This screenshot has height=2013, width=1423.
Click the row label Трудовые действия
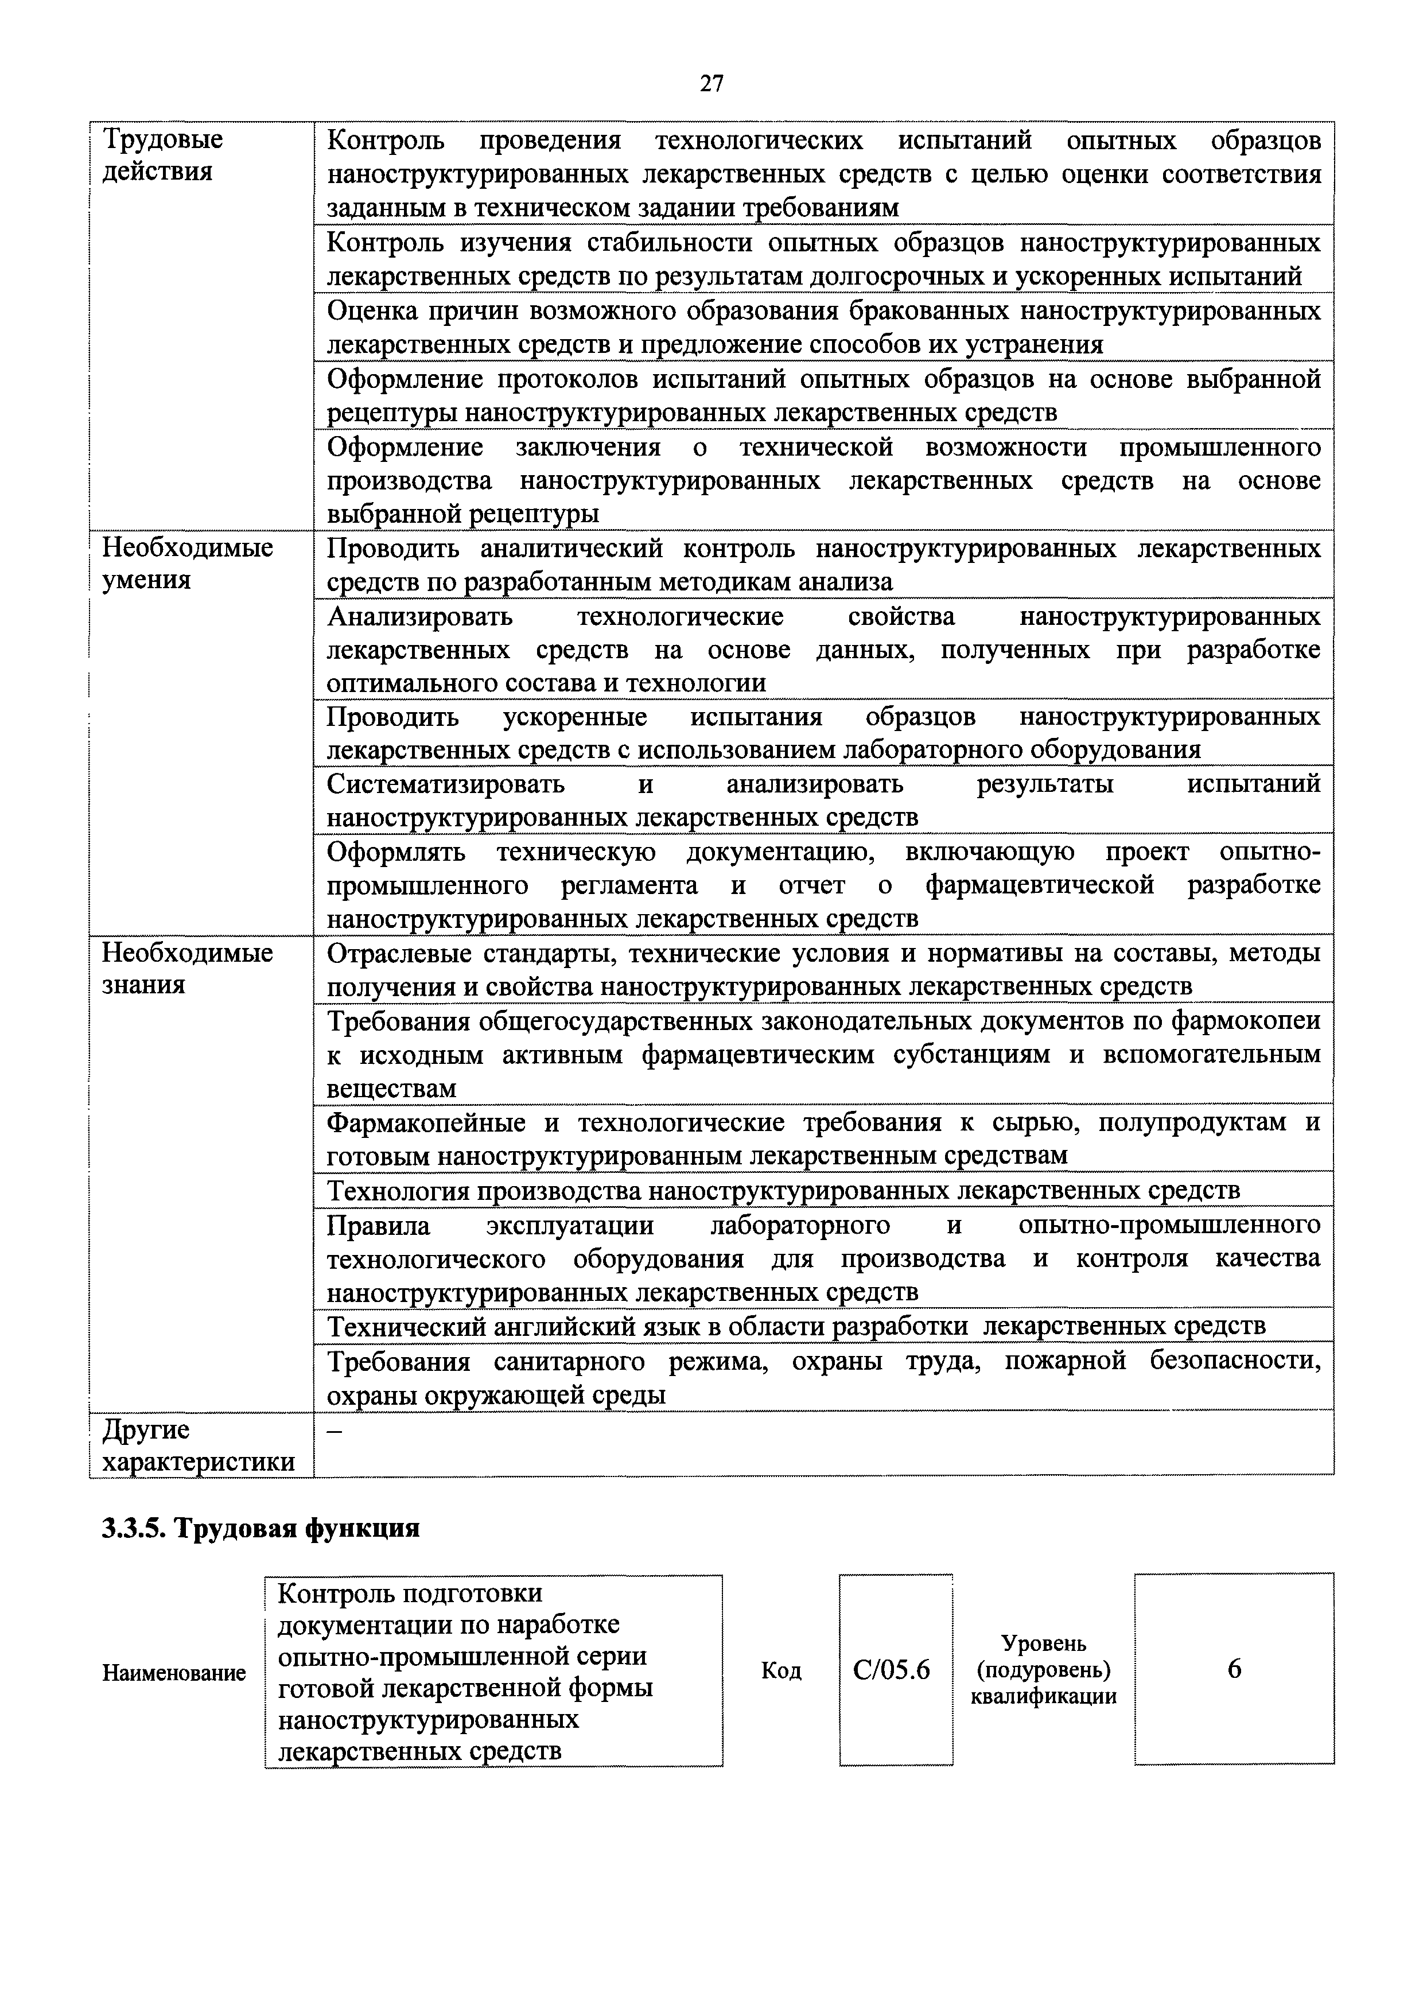(163, 155)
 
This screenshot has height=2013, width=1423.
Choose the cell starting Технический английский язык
(795, 1326)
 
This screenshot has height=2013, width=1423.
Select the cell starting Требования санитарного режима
(822, 1377)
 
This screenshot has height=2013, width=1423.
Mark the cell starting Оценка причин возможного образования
(822, 328)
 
